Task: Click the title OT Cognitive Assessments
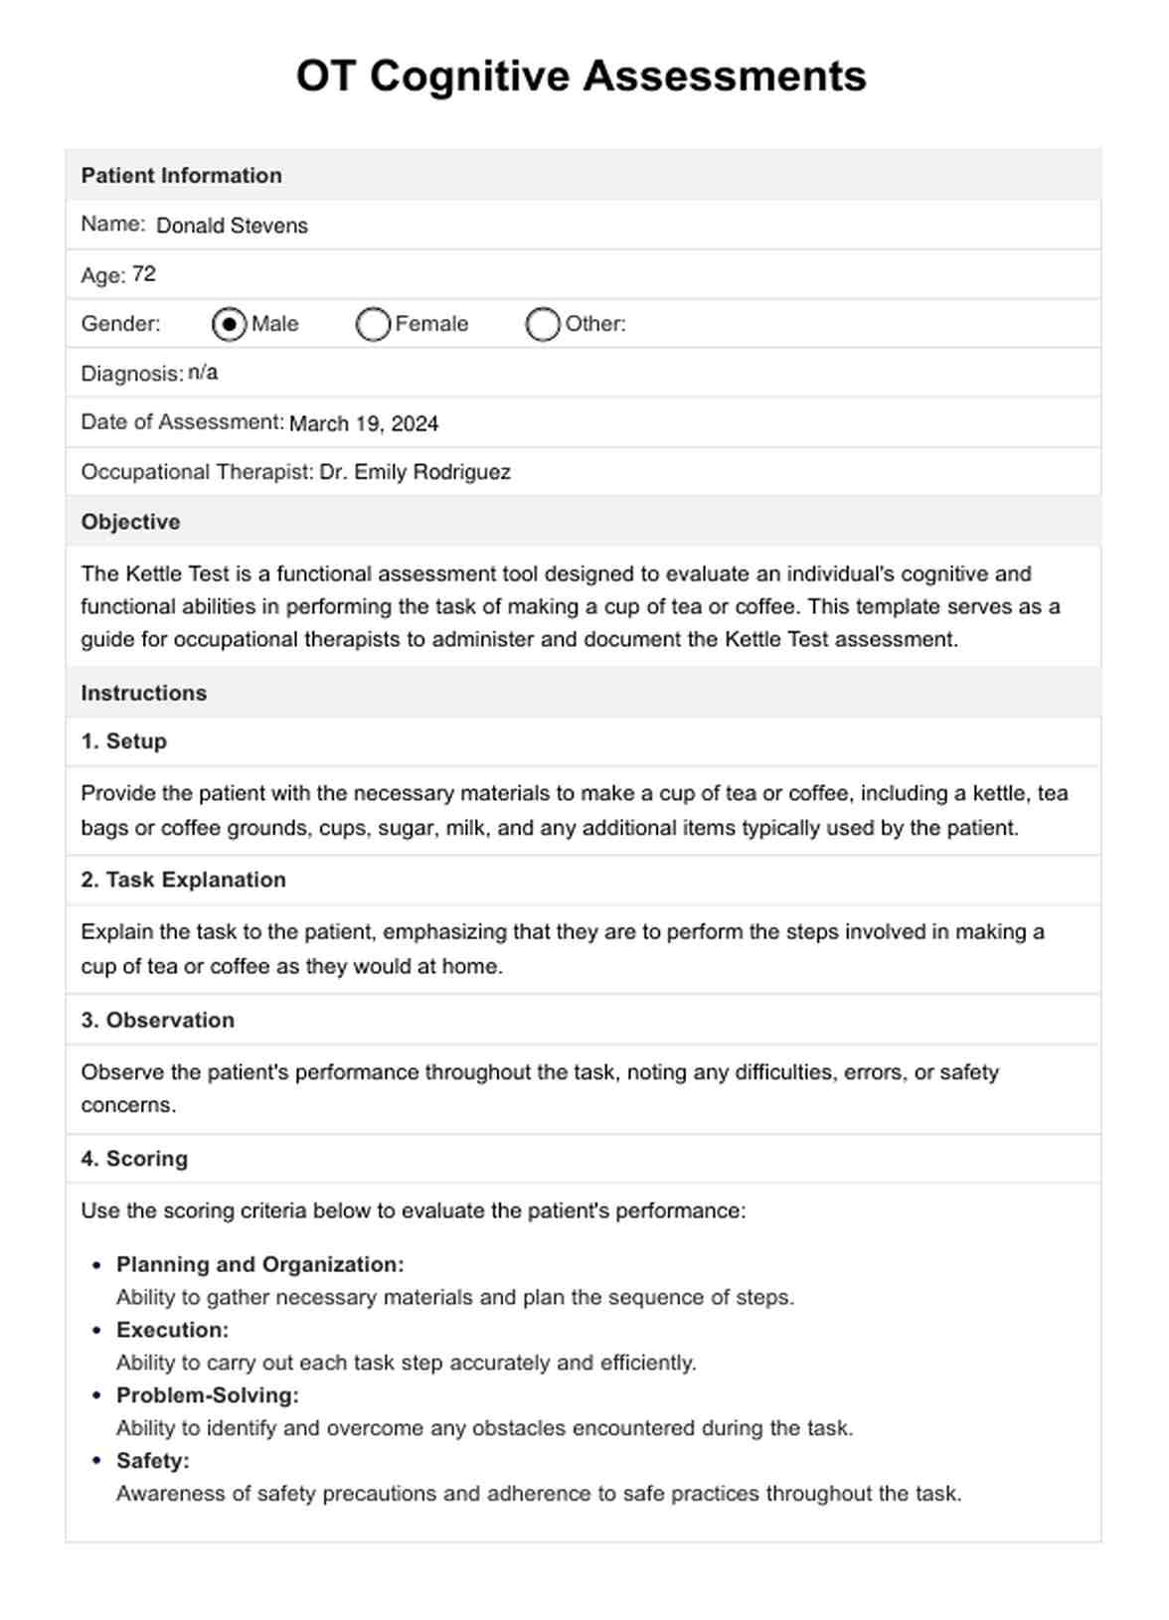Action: (x=582, y=77)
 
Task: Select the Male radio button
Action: (x=230, y=324)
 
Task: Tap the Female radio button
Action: (x=373, y=324)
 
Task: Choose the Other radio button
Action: (x=543, y=324)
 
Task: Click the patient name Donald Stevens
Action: (x=232, y=226)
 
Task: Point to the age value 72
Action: (x=144, y=274)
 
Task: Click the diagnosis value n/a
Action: (x=203, y=373)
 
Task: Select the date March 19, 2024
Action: (x=364, y=423)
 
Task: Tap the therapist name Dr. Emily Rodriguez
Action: (x=415, y=472)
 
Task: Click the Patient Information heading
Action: (x=181, y=176)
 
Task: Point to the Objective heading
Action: (x=130, y=522)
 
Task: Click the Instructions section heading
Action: (x=144, y=693)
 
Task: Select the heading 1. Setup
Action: (x=124, y=741)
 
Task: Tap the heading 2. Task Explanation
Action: (x=183, y=880)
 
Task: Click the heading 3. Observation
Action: (x=158, y=1020)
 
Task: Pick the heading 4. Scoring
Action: (x=134, y=1158)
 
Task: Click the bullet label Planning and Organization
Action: (x=259, y=1264)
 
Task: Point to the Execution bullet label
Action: (x=172, y=1330)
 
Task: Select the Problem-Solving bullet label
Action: (x=207, y=1395)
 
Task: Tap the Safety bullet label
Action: (x=152, y=1461)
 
